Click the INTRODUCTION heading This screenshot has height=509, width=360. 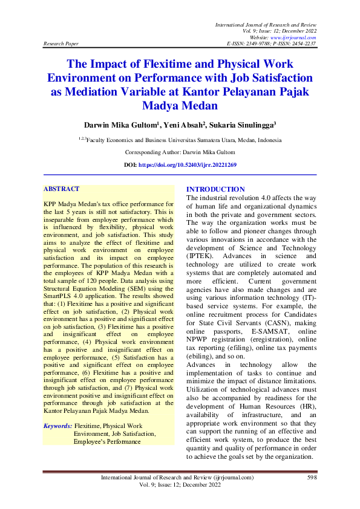pyautogui.click(x=215, y=189)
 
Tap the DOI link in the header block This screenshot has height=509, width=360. pyautogui.click(x=196, y=164)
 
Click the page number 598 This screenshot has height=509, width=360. pyautogui.click(x=312, y=478)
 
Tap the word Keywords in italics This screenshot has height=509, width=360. pyautogui.click(x=57, y=426)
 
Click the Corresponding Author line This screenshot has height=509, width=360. pyautogui.click(x=180, y=152)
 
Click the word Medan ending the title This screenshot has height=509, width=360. pyautogui.click(x=199, y=106)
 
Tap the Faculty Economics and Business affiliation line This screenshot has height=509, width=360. pyautogui.click(x=180, y=139)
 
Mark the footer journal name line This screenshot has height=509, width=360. pyautogui.click(x=178, y=478)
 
